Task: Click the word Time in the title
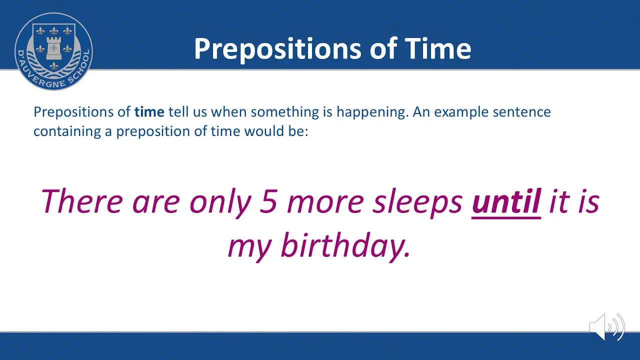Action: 438,48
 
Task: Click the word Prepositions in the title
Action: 277,50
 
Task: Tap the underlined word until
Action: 506,202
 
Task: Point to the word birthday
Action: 345,246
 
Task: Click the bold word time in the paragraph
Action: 149,111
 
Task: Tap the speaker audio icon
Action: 607,327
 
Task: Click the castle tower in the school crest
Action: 53,47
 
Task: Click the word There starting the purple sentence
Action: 82,201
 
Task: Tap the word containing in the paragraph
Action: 67,132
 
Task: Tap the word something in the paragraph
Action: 285,112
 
